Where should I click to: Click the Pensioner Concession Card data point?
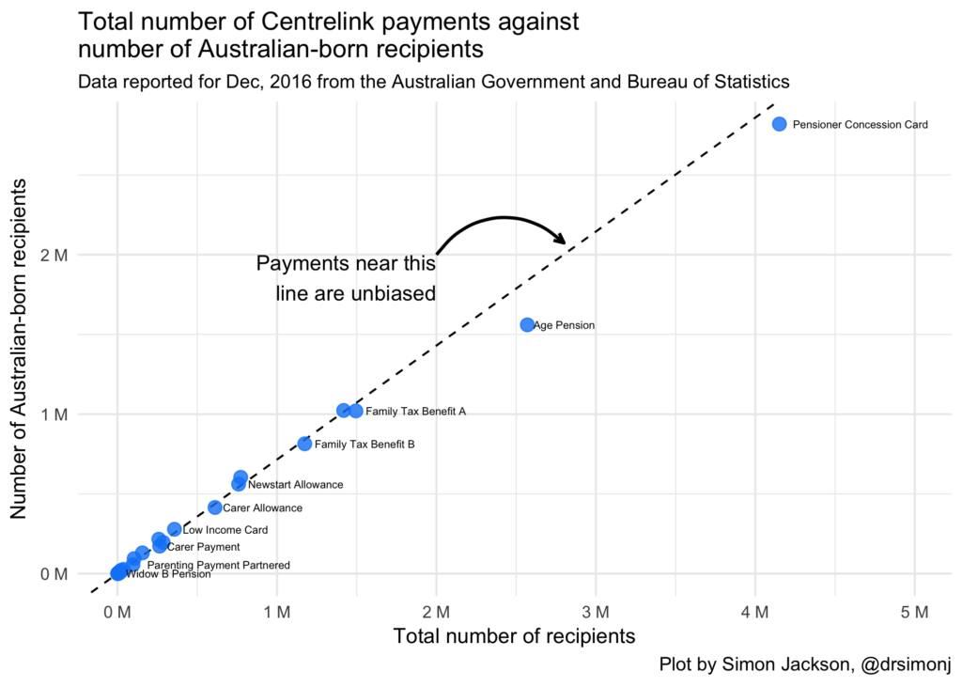coord(779,124)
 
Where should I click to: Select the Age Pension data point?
coord(527,325)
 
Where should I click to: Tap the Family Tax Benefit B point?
coord(304,444)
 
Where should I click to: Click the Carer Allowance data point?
coord(215,507)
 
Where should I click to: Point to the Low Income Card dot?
coord(174,530)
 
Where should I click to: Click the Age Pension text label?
coord(564,325)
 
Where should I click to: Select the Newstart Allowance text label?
coord(295,485)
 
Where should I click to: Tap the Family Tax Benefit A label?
coord(415,412)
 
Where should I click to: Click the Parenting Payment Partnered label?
coord(219,566)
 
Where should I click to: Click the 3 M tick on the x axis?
coord(596,613)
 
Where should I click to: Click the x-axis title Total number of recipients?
coord(515,637)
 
